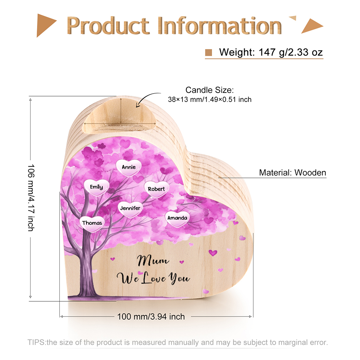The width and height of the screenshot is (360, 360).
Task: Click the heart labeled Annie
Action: (129, 168)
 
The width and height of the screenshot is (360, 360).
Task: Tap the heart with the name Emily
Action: (96, 187)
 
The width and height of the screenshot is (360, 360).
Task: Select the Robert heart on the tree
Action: (157, 189)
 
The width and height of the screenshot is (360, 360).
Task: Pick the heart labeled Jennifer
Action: (130, 208)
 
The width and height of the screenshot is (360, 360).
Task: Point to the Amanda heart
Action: (177, 219)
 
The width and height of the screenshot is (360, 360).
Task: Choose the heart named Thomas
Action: (92, 224)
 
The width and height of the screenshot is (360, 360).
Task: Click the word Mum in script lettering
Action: (153, 261)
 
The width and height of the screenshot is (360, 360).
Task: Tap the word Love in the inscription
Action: (154, 278)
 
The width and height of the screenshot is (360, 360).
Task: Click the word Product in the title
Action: (108, 26)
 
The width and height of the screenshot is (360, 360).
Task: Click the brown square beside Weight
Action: (208, 52)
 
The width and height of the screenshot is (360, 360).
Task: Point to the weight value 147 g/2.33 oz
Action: (291, 52)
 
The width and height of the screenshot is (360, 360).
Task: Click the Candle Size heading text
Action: (210, 90)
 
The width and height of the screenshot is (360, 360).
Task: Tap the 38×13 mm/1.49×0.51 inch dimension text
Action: (210, 100)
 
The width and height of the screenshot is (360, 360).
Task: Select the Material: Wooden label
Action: (292, 173)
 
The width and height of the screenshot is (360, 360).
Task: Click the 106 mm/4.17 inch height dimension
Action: (31, 197)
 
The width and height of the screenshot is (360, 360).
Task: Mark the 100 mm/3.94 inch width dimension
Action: (151, 317)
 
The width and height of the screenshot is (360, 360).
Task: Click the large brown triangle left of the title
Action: (46, 26)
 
